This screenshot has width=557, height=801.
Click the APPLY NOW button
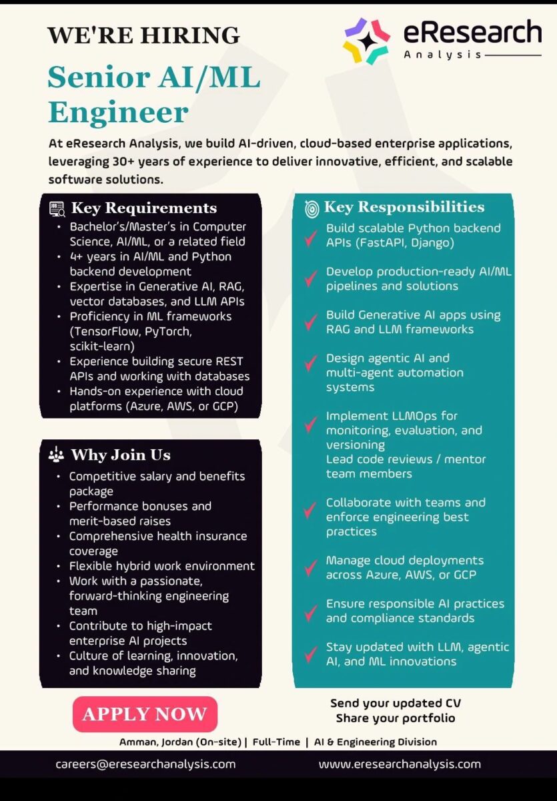pyautogui.click(x=145, y=714)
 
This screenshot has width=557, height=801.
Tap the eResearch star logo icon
pyautogui.click(x=366, y=40)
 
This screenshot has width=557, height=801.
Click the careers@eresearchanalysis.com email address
pyautogui.click(x=145, y=764)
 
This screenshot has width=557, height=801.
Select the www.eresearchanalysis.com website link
pyautogui.click(x=400, y=764)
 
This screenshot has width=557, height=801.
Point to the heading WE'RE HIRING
pyautogui.click(x=143, y=35)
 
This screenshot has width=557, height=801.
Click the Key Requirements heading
pyautogui.click(x=143, y=208)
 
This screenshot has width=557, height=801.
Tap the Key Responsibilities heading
pyautogui.click(x=404, y=207)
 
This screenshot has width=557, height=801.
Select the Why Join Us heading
pyautogui.click(x=121, y=455)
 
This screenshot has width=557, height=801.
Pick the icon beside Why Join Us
pyautogui.click(x=57, y=455)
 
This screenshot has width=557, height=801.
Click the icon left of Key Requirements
pyautogui.click(x=57, y=209)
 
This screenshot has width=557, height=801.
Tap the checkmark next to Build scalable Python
pyautogui.click(x=310, y=237)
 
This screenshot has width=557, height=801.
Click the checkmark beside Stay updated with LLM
pyautogui.click(x=310, y=655)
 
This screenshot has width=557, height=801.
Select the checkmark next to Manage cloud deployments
pyautogui.click(x=310, y=568)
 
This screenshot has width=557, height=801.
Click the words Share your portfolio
pyautogui.click(x=396, y=718)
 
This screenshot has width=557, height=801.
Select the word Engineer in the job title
pyautogui.click(x=118, y=111)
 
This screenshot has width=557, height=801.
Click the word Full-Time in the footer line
pyautogui.click(x=275, y=742)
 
